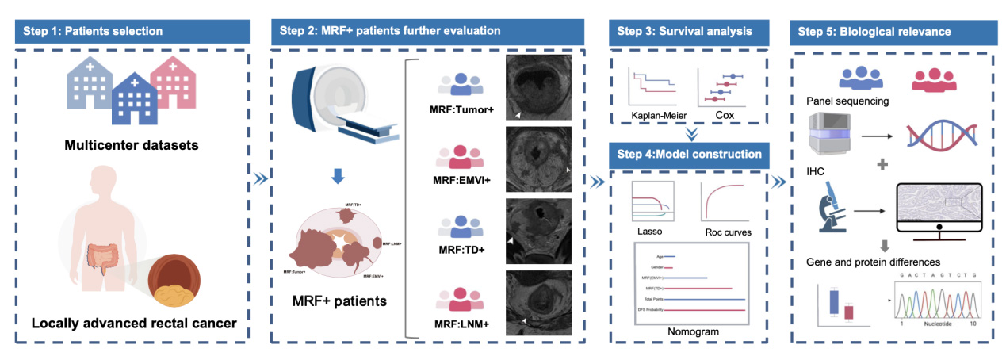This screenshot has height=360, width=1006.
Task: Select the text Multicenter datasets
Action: click(132, 147)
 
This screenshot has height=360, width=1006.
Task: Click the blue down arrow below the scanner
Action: click(337, 177)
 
